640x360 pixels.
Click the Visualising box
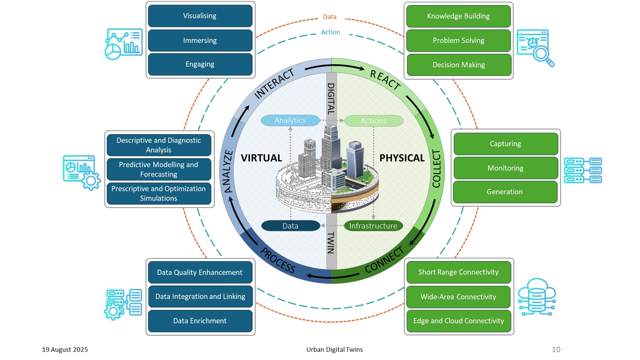coord(200,16)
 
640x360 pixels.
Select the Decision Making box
coord(459,65)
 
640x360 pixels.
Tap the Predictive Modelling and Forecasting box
coord(159,169)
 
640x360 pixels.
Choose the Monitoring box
coord(505,168)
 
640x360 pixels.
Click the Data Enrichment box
coord(200,321)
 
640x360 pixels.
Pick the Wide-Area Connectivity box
coord(458,297)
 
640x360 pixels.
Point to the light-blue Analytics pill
coord(290,120)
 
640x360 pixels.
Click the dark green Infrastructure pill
coord(373,226)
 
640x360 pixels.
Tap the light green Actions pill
coord(373,121)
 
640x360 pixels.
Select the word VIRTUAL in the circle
coord(261,158)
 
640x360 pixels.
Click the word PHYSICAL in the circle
coord(402,158)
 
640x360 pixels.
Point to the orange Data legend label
coord(330,17)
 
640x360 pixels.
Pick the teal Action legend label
coord(330,32)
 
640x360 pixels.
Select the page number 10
coord(556,349)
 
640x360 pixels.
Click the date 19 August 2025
coord(65,349)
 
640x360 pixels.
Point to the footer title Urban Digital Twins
coord(334,349)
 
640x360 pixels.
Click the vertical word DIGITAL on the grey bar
coord(331,99)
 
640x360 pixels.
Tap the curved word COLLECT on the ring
coord(436,168)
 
